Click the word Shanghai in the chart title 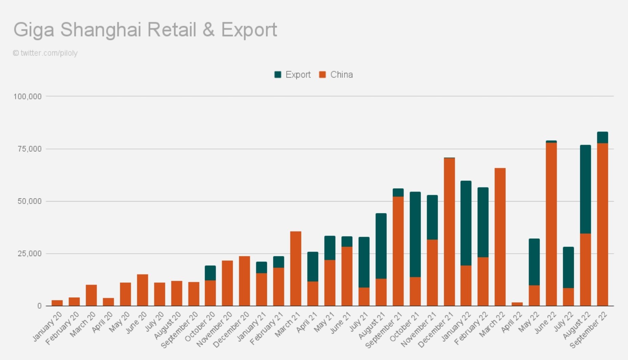(101, 30)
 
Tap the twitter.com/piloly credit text (49, 53)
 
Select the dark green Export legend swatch (278, 75)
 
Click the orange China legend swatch (322, 75)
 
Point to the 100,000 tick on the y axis (27, 97)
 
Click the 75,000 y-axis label (29, 149)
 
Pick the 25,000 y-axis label (29, 254)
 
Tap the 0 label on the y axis (40, 306)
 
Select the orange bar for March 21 (296, 269)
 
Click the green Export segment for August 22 (585, 189)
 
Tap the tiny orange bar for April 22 (517, 304)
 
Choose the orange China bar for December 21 (449, 232)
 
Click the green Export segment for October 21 (415, 234)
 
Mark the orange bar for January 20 (57, 303)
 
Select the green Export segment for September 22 (602, 137)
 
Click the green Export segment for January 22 (466, 223)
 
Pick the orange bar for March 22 (500, 237)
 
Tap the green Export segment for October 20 (210, 273)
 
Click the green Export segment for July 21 (364, 262)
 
